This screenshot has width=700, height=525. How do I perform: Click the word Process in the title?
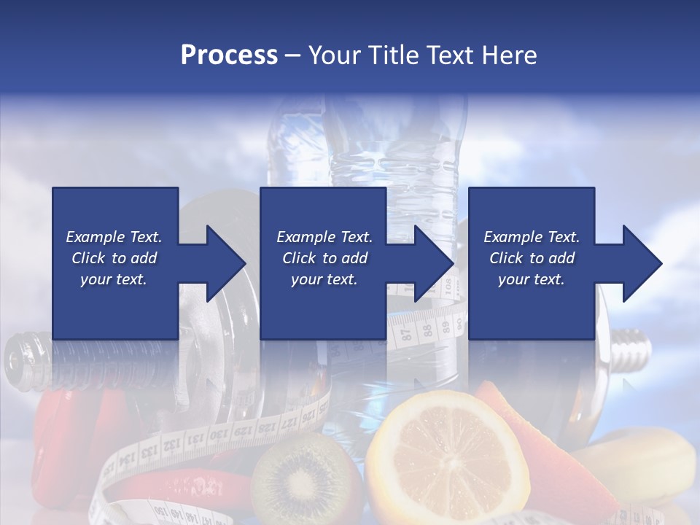pyautogui.click(x=229, y=55)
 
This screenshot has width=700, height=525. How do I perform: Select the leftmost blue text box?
pyautogui.click(x=114, y=263)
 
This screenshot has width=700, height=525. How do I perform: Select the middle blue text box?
pyautogui.click(x=323, y=263)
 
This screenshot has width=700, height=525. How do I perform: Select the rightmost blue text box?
pyautogui.click(x=531, y=263)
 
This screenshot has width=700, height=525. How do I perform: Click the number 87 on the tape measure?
pyautogui.click(x=407, y=333)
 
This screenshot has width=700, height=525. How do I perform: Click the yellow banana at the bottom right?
pyautogui.click(x=642, y=467)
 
